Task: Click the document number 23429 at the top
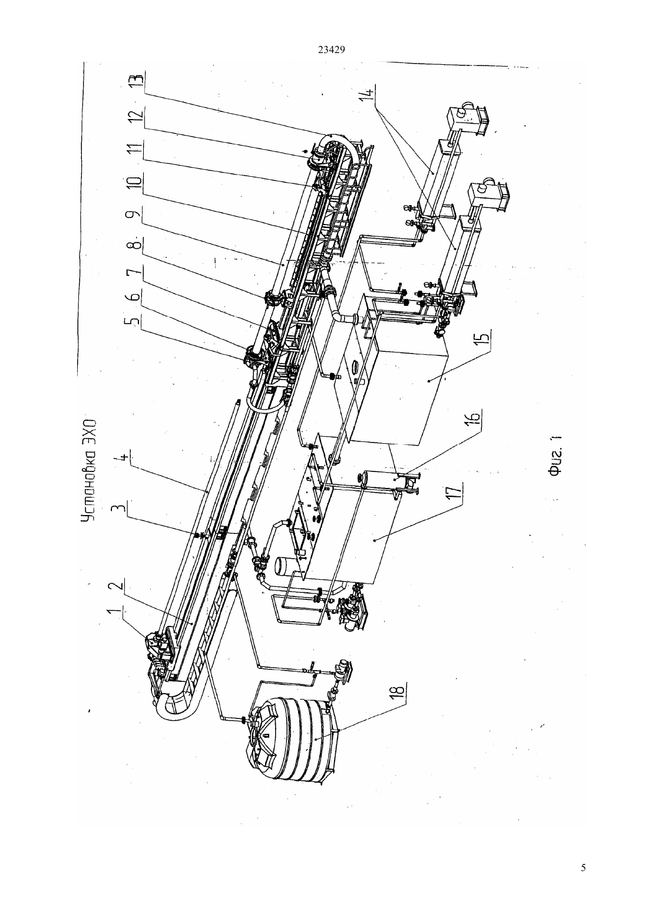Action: tap(331, 50)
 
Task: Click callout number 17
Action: tap(456, 491)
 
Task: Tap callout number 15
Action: tap(484, 338)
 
